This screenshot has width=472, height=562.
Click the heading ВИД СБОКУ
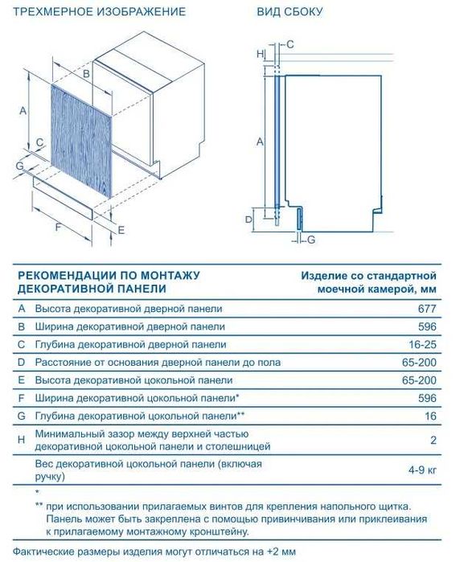pyautogui.click(x=289, y=12)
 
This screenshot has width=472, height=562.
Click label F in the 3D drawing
pyautogui.click(x=57, y=228)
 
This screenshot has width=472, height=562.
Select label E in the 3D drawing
pyautogui.click(x=121, y=230)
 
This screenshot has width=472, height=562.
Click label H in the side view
pyautogui.click(x=259, y=53)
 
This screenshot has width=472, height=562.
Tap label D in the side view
pyautogui.click(x=248, y=218)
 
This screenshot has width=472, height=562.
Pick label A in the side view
pyautogui.click(x=259, y=141)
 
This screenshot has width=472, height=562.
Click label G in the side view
pyautogui.click(x=311, y=240)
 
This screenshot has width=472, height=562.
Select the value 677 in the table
pyautogui.click(x=427, y=308)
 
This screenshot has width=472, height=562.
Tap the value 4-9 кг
pyautogui.click(x=421, y=470)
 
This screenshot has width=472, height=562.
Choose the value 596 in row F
pyautogui.click(x=427, y=398)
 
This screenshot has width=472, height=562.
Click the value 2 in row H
pyautogui.click(x=433, y=440)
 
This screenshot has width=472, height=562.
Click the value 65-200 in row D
pyautogui.click(x=419, y=363)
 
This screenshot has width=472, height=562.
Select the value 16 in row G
pyautogui.click(x=430, y=416)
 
